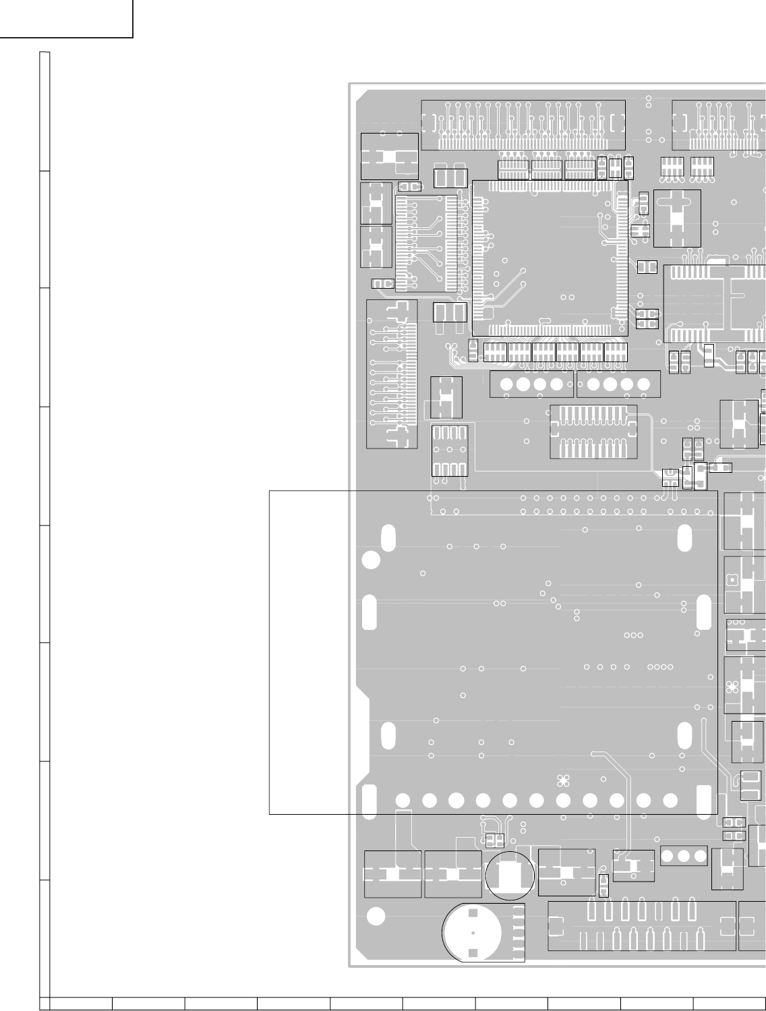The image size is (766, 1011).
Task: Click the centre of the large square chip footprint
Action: (550, 258)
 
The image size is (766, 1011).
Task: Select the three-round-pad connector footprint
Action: (684, 855)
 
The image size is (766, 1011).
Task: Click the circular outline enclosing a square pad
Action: (509, 875)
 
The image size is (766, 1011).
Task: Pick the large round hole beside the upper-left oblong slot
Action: (371, 560)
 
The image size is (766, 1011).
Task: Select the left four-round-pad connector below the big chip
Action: (531, 384)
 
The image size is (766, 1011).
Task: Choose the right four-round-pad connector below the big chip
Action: (618, 384)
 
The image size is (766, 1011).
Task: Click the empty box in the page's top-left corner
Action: (66, 18)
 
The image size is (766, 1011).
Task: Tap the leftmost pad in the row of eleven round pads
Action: (403, 801)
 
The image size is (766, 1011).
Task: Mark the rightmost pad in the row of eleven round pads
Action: (670, 800)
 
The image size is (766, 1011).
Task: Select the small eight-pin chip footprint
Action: (449, 451)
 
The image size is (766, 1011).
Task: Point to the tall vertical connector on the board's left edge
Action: (392, 374)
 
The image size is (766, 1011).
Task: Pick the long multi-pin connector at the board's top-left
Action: (523, 125)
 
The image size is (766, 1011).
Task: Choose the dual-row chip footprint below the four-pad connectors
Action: (593, 432)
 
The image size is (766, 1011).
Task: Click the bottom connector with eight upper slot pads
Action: (641, 925)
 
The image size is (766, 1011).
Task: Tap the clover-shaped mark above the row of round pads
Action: (564, 781)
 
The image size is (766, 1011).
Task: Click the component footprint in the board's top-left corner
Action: (389, 156)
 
